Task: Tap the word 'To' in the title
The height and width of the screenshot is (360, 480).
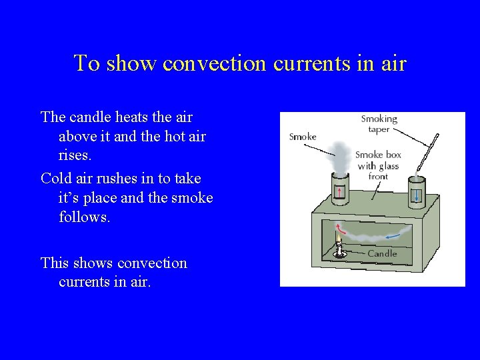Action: tap(87, 63)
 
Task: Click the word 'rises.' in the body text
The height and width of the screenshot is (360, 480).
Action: tap(75, 156)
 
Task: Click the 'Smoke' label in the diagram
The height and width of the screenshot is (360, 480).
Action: tap(302, 137)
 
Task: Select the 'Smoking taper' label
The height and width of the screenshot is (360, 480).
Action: tap(379, 124)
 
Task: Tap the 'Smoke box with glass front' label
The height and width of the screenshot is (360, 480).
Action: tap(379, 165)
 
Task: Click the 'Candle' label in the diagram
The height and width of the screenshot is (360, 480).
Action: tap(382, 253)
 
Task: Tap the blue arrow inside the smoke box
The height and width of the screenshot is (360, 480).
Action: tap(398, 233)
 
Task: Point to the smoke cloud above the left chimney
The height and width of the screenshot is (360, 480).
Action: tap(340, 157)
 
